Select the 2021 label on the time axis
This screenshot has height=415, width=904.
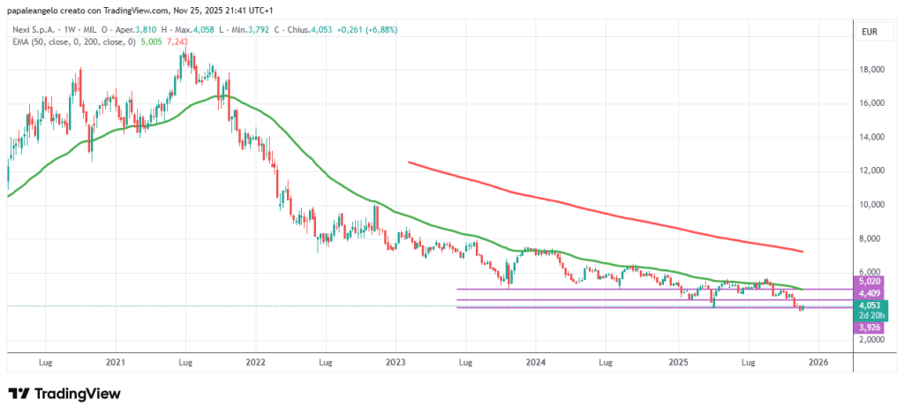115,362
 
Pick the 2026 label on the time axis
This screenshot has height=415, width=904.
817,362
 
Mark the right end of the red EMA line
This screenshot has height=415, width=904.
802,252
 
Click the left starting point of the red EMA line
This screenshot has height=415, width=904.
409,162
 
